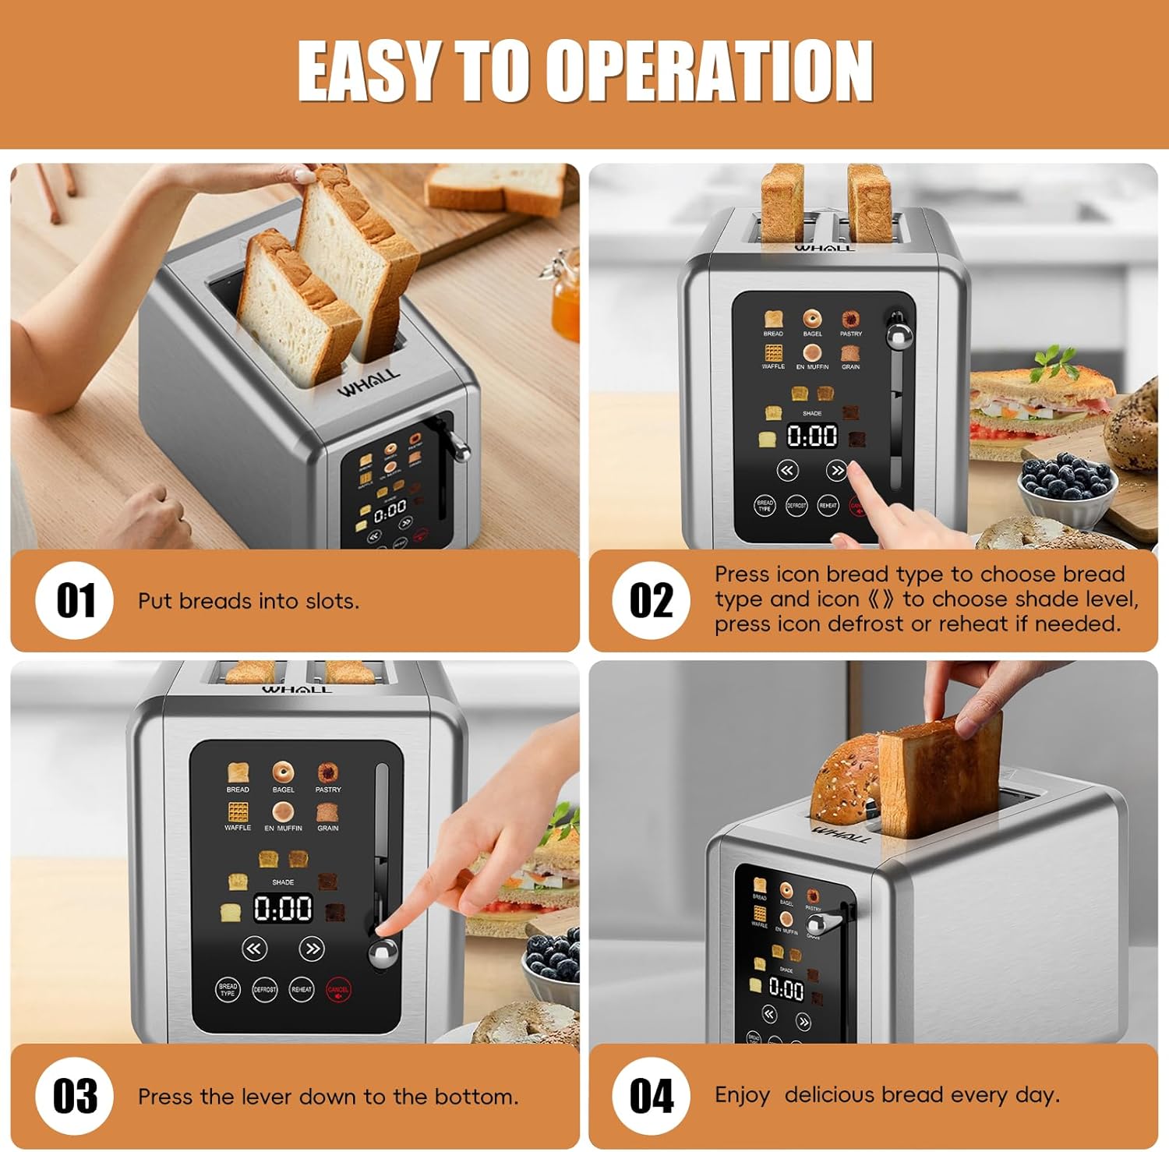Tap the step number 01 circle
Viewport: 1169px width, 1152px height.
(x=75, y=600)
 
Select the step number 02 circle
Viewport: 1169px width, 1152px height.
(x=651, y=600)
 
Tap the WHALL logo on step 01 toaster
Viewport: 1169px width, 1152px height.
(x=368, y=383)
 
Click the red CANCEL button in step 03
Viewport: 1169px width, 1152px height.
(x=338, y=990)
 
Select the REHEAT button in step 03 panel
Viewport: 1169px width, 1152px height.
(x=302, y=990)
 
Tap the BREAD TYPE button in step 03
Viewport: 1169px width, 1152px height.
(x=228, y=990)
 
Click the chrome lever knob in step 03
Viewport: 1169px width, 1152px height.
(x=382, y=955)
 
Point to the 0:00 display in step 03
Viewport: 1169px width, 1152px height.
(x=283, y=909)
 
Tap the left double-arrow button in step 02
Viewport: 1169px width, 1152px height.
(x=788, y=470)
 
